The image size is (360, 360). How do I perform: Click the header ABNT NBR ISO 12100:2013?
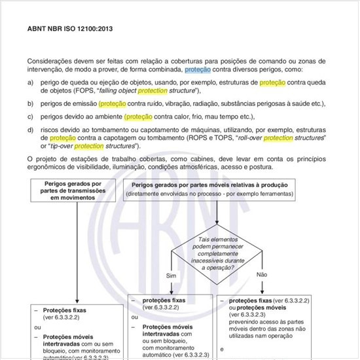[69, 29]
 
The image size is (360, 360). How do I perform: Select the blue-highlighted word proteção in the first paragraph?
[197, 69]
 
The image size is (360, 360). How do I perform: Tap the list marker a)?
[30, 83]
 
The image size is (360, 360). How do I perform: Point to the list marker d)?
[30, 130]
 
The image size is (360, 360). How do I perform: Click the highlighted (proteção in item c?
[138, 117]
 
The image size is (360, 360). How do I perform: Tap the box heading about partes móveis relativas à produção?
[223, 185]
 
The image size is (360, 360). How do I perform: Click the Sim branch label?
[173, 276]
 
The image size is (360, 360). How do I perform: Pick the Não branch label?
[262, 274]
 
